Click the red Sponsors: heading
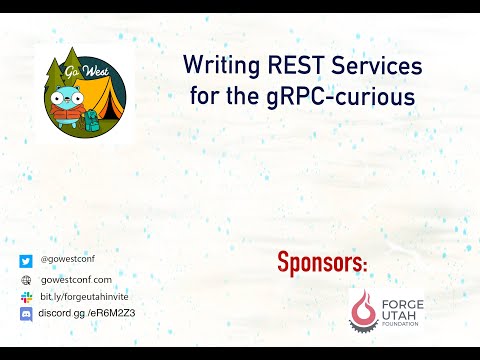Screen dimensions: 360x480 click(x=322, y=264)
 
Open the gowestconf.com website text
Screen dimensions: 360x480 click(x=76, y=280)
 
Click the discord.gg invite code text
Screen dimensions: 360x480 click(x=86, y=314)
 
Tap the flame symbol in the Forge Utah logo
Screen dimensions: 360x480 click(x=361, y=309)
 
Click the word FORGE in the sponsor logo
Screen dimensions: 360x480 click(x=402, y=302)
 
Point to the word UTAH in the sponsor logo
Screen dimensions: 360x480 click(x=398, y=314)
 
